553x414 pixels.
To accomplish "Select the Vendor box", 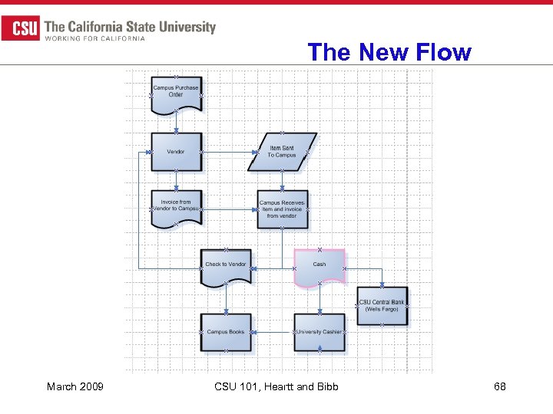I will (176, 152).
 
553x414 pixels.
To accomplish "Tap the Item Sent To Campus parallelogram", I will (282, 152).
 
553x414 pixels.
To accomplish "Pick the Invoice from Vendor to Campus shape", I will (176, 207).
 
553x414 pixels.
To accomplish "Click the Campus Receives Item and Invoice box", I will (283, 209).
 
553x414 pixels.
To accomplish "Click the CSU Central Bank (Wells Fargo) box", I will (382, 306).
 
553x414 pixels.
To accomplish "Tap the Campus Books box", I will (226, 332).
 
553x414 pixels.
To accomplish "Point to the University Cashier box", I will (320, 332).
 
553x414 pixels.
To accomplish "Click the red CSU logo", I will (21, 29).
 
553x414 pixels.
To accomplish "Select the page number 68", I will (499, 386).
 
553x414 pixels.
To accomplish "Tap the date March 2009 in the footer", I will (75, 386).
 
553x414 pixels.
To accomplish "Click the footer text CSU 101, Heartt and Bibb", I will (276, 386).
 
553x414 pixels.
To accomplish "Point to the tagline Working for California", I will (95, 39).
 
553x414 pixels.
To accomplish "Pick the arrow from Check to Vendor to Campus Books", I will (226, 300).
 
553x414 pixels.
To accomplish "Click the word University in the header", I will (184, 27).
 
